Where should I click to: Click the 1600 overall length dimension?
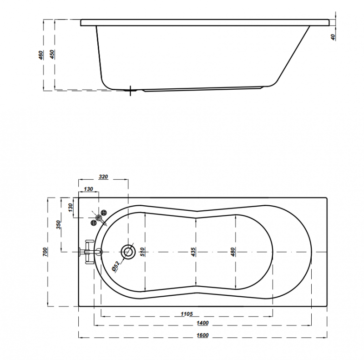coord(202,335)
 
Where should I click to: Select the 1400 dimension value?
coord(202,323)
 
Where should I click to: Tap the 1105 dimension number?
coord(187,314)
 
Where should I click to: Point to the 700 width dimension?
coord(45,252)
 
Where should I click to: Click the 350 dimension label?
coord(59,225)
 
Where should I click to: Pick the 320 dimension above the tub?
coord(103,177)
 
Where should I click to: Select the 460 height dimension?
coord(40,55)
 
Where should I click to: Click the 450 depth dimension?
coord(52,54)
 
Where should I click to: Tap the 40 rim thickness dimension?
coord(333,37)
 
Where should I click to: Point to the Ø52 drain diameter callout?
coord(116,266)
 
